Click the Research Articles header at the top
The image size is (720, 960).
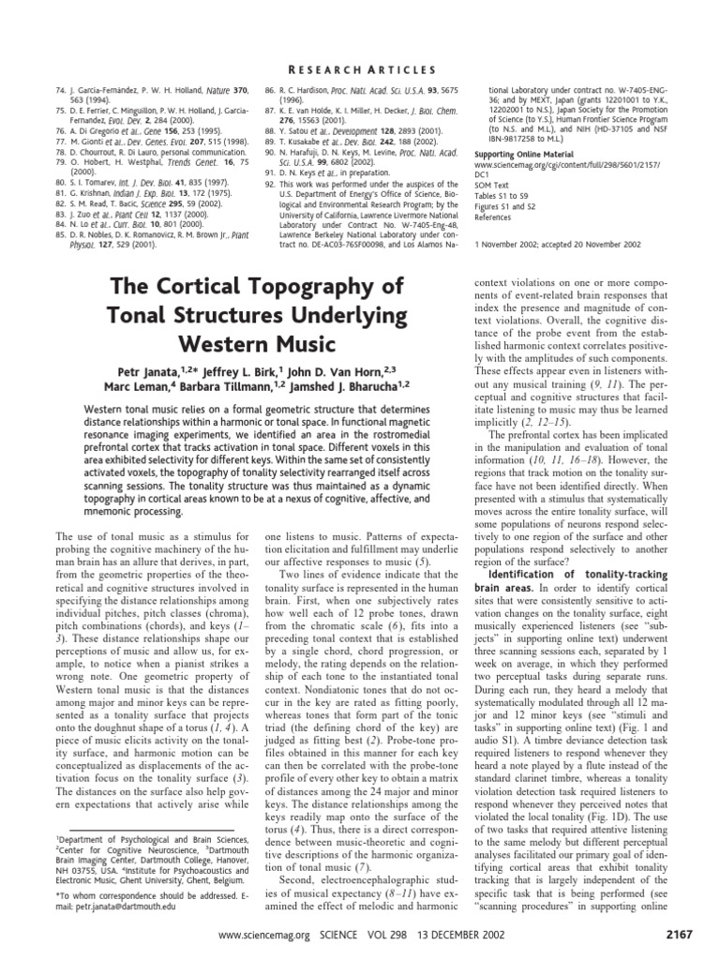pos(360,69)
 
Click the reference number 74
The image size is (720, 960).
pos(60,89)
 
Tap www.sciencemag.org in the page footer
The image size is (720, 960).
pos(262,936)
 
